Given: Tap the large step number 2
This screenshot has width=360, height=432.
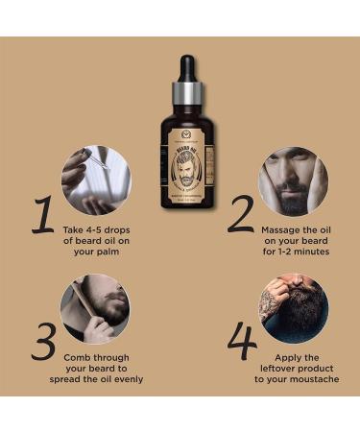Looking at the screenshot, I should (241, 212).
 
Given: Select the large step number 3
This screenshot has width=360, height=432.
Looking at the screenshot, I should (42, 341).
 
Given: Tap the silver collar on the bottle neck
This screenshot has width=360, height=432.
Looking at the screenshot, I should (186, 95).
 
